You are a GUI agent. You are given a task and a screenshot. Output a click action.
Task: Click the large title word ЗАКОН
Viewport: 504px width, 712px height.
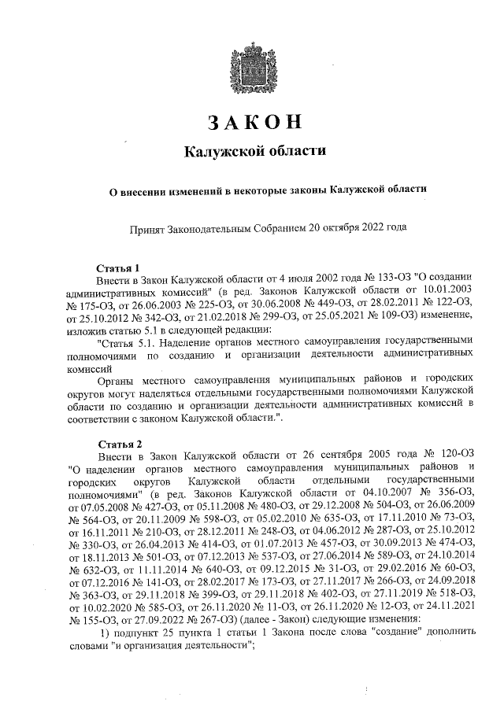[x=254, y=123]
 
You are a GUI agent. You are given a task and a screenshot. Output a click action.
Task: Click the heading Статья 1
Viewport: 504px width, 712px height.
[x=117, y=267]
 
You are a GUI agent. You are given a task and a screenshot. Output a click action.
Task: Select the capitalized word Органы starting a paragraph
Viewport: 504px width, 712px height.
[x=115, y=378]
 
